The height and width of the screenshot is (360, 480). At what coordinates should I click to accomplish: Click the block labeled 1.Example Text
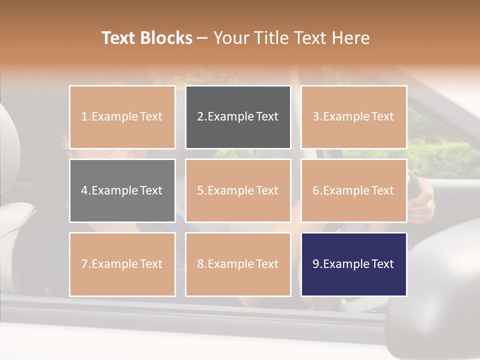coord(122,117)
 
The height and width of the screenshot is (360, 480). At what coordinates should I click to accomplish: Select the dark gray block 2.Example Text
coord(238,117)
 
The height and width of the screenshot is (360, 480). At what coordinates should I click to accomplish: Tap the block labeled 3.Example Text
coord(353,117)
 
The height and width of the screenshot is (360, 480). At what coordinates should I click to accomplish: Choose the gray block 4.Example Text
coord(122,190)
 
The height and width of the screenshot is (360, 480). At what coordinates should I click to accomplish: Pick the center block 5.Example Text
coord(238,190)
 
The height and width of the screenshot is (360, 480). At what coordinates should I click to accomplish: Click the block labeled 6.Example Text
coord(353,190)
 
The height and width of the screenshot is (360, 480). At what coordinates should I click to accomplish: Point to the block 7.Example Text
coord(122,264)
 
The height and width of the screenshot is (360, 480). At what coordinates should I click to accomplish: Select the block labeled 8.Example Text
coord(238,264)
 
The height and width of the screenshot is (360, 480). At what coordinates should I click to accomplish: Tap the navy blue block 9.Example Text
coord(353,264)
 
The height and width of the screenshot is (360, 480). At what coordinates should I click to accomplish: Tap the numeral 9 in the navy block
coord(315,264)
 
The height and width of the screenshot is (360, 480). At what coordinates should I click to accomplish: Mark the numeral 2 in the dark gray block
coord(200,117)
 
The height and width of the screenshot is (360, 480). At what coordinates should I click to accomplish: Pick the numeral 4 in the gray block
coord(84,190)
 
